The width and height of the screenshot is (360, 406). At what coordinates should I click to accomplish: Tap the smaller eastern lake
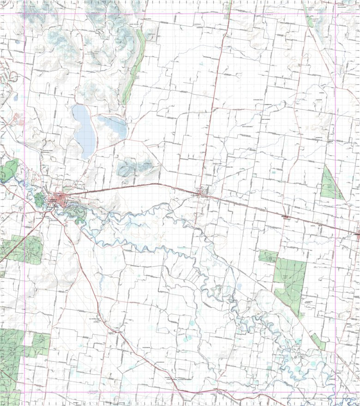pyautogui.click(x=112, y=127)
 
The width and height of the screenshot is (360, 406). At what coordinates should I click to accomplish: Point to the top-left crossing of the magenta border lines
pyautogui.click(x=24, y=13)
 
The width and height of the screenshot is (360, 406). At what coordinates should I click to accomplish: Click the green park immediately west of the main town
pyautogui.click(x=39, y=200)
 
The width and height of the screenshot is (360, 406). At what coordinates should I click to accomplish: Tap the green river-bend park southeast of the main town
pyautogui.click(x=74, y=213)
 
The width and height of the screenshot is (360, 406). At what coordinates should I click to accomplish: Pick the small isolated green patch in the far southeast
pyautogui.click(x=318, y=341)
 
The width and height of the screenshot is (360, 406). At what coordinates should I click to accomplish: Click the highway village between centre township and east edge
pyautogui.click(x=286, y=216)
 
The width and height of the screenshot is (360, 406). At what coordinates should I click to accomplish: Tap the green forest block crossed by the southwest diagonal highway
pyautogui.click(x=21, y=249)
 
